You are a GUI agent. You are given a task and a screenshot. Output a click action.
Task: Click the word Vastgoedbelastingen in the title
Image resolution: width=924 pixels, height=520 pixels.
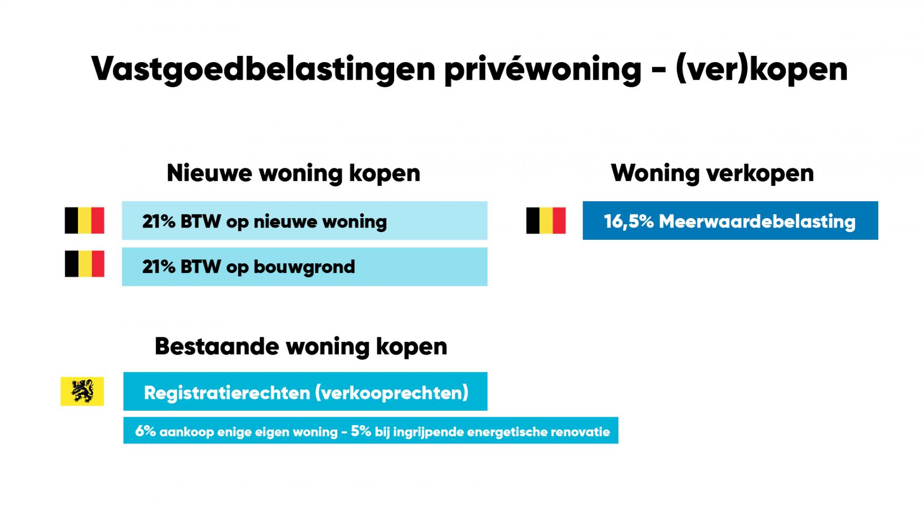(263, 69)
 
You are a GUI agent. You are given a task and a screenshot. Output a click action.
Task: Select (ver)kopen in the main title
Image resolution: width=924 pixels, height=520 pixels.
(761, 69)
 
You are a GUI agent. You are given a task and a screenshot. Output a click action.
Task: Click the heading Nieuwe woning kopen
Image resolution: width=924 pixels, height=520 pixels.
(294, 173)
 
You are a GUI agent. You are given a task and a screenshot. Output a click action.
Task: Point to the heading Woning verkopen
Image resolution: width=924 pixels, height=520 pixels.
(713, 173)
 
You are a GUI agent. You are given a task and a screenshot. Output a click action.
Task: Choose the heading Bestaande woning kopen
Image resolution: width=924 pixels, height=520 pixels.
(301, 346)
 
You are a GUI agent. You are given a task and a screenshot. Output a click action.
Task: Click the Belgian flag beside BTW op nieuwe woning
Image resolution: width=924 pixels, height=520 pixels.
(84, 221)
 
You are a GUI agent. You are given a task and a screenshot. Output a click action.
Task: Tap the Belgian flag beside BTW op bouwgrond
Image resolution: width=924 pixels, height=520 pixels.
(84, 264)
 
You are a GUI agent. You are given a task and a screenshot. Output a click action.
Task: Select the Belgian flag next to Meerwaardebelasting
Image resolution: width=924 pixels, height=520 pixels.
(546, 221)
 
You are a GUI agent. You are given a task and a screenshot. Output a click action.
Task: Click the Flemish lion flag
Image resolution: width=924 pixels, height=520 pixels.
(82, 392)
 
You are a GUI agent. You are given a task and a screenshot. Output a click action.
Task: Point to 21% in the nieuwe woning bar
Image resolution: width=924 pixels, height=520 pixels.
(159, 221)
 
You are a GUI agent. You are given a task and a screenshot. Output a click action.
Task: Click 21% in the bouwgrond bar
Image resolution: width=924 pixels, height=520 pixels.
(159, 267)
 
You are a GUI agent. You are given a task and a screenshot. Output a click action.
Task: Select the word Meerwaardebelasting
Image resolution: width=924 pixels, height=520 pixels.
(757, 221)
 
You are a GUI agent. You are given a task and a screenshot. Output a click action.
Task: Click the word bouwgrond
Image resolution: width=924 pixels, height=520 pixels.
(304, 267)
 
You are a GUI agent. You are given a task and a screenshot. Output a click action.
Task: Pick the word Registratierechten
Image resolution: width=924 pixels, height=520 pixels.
(227, 393)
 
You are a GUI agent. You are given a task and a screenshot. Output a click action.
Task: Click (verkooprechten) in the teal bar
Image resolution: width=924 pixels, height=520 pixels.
(392, 393)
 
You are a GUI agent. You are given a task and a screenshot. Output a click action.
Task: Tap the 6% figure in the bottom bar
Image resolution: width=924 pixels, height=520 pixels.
(145, 431)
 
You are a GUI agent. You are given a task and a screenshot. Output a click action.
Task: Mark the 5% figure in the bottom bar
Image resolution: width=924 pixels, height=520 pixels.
(361, 431)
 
